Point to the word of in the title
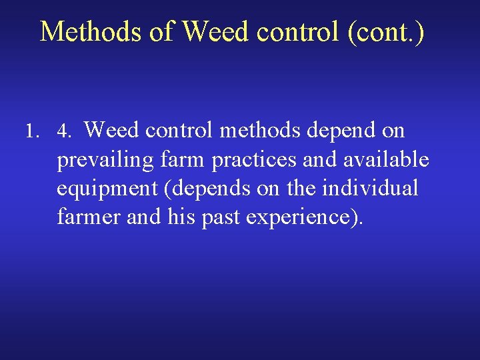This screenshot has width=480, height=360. [162, 31]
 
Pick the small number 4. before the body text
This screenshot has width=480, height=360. [64, 131]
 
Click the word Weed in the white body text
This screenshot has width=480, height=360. [111, 130]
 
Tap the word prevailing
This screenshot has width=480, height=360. [107, 160]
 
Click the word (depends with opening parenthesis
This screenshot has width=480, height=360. [209, 189]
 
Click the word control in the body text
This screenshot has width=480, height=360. [179, 130]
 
